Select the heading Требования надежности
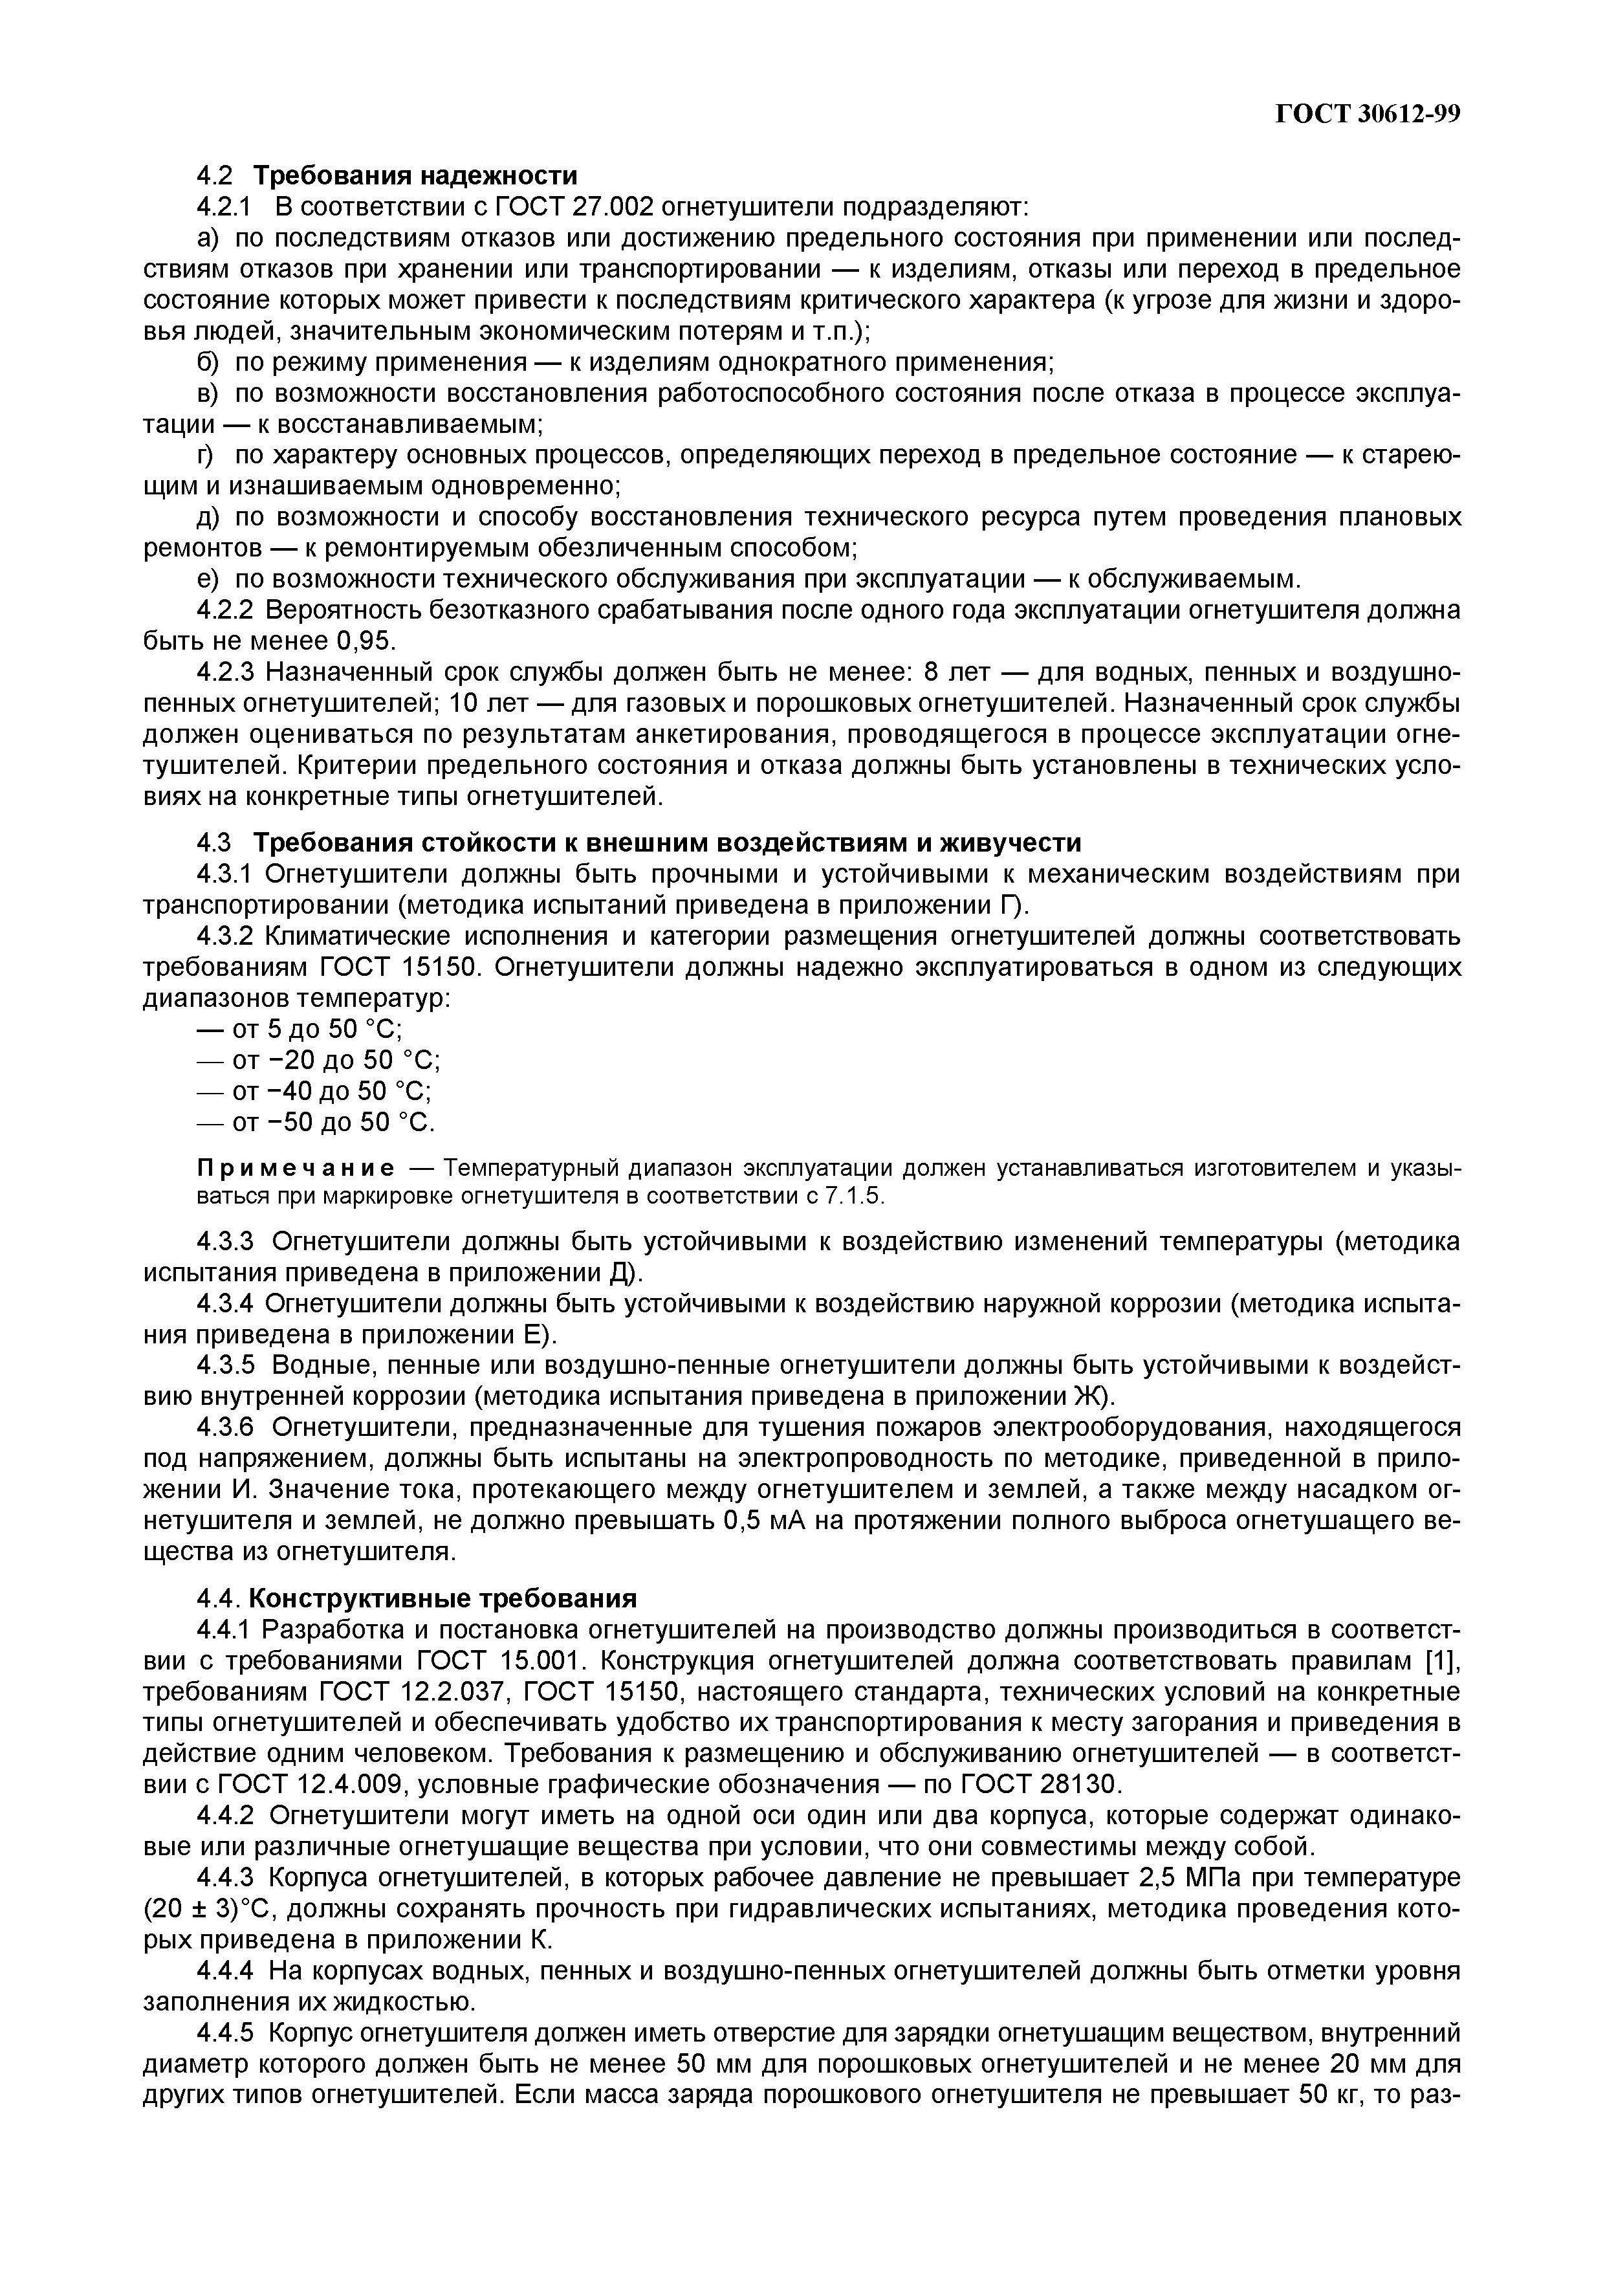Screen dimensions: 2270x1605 415,176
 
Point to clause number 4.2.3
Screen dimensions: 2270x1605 226,672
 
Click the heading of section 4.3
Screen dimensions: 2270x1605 666,843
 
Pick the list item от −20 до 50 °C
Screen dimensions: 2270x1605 318,1060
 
